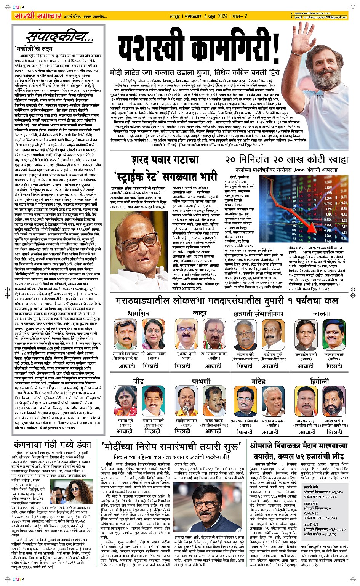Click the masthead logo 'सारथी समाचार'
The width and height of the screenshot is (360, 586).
click(x=33, y=16)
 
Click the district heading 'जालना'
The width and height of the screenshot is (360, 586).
click(x=321, y=314)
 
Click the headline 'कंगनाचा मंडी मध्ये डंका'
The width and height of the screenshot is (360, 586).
click(x=53, y=444)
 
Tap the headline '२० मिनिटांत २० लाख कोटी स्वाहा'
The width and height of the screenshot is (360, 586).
click(x=292, y=160)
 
